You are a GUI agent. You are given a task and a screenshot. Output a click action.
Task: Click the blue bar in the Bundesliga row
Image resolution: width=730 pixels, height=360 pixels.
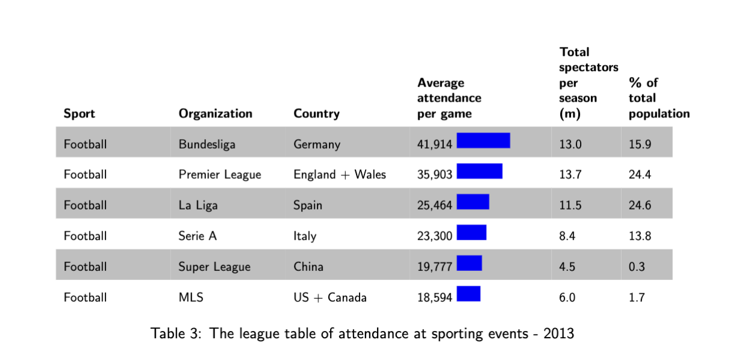coord(484,140)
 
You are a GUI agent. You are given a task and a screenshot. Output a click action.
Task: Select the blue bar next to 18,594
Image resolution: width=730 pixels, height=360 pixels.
coord(469,294)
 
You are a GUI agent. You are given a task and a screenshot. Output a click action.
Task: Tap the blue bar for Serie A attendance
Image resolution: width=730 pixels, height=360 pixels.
coord(472,232)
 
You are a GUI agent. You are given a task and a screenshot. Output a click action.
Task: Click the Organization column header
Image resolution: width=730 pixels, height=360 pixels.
coord(215,114)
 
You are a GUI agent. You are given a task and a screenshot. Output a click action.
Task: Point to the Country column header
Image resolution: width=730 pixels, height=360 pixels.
coord(316,114)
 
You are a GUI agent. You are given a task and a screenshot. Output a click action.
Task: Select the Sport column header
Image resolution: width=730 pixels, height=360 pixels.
coord(80,114)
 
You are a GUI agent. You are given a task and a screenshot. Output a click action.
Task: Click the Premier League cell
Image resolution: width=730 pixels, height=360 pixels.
coord(220,175)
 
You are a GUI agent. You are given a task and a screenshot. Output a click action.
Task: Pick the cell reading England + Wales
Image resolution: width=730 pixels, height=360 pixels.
coord(340,175)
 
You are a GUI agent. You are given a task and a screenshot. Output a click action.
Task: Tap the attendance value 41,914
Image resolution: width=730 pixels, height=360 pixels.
coord(434,144)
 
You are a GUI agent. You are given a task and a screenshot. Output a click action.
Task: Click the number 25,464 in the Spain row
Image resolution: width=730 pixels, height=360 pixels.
coord(434,205)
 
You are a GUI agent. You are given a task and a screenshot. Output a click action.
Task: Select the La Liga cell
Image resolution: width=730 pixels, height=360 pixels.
coord(198,205)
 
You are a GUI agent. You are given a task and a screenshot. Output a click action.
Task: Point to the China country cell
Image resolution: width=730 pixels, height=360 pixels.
coord(308,267)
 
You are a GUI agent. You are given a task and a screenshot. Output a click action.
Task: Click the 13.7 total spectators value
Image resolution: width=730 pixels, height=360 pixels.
coord(570,175)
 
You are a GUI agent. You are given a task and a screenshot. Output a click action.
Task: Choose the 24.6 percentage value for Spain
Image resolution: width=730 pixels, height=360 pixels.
coord(640,205)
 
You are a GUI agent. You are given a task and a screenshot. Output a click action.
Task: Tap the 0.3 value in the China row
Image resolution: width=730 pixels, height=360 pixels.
coord(637,267)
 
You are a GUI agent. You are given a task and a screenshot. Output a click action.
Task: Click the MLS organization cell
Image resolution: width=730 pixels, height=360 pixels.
coord(191,297)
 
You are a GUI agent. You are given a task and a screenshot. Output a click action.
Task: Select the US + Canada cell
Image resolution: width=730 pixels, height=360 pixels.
coord(330,297)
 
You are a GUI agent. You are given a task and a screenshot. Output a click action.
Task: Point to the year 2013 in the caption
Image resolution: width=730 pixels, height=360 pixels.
coord(559,334)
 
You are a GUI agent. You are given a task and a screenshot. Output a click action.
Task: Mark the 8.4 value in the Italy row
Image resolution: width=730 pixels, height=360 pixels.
coord(567,236)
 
